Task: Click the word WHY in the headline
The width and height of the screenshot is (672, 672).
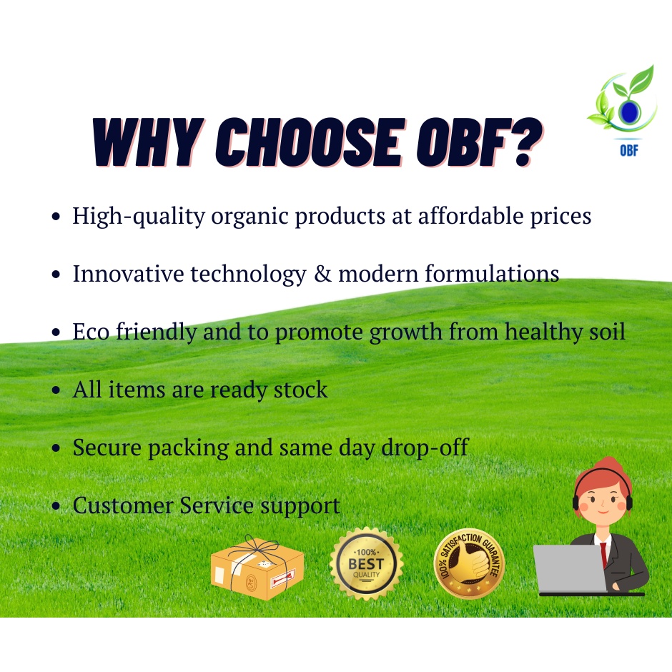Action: [148, 142]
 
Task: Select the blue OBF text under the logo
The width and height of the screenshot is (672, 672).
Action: [628, 150]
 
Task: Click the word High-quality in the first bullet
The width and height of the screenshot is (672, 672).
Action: [139, 216]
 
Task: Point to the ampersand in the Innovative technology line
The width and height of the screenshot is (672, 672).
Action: [322, 273]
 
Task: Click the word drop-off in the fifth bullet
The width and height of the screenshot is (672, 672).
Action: [425, 448]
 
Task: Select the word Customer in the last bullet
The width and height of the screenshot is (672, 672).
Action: [122, 505]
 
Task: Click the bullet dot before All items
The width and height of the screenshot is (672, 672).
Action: [56, 390]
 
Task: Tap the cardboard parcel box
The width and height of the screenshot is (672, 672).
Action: [257, 568]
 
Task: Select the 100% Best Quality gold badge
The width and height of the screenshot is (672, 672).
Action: [367, 564]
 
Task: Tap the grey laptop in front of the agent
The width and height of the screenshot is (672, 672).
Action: [570, 568]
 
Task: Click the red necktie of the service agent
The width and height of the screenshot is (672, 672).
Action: [604, 554]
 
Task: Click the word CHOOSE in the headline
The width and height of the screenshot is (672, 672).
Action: [310, 142]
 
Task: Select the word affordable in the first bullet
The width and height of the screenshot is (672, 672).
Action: [471, 216]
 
